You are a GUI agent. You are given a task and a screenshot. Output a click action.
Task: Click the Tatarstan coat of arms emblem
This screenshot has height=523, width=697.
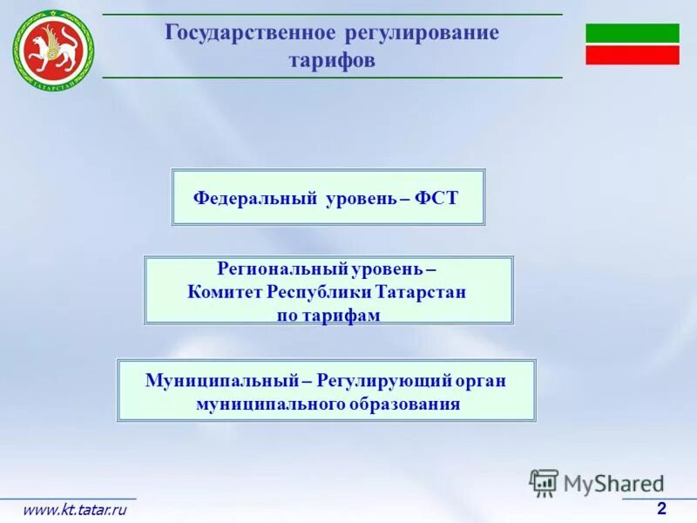(52, 49)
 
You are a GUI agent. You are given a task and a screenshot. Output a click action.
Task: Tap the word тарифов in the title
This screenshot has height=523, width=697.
(332, 61)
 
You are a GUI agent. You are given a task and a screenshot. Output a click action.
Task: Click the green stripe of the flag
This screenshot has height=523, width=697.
(632, 33)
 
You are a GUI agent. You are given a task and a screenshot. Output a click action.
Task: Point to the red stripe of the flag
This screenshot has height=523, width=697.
(632, 55)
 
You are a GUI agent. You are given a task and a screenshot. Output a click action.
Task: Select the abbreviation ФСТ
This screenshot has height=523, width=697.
(436, 198)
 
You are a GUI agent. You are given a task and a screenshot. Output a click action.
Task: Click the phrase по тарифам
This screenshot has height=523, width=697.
(328, 316)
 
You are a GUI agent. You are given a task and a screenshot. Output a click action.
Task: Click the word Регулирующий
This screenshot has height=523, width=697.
(384, 381)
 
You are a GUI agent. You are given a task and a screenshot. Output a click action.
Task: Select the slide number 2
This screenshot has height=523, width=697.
(661, 509)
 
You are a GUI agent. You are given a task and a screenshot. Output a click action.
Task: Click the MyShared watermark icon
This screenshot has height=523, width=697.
(544, 482)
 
